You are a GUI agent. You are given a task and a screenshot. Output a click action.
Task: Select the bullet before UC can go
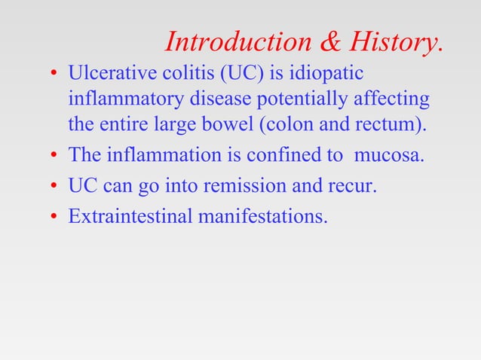tap(54, 186)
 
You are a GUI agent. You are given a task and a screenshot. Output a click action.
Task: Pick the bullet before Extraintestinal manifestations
tap(54, 217)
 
